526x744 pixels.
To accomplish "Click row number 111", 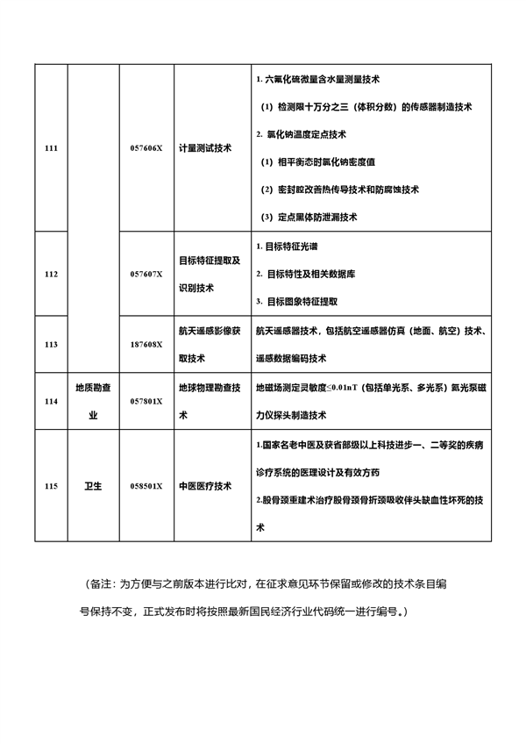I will click(x=50, y=148).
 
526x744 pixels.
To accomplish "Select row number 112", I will click(x=50, y=274).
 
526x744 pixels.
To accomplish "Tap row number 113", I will click(x=50, y=345).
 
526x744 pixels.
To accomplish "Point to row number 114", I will click(x=50, y=401).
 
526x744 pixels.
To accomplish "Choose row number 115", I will click(x=50, y=485).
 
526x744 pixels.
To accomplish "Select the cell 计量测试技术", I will click(x=205, y=148).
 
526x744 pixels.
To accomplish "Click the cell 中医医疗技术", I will click(x=205, y=485).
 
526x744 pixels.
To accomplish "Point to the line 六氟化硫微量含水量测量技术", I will click(x=317, y=80).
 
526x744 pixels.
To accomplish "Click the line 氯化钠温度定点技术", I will click(x=302, y=134).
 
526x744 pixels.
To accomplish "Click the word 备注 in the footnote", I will click(x=102, y=583).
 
